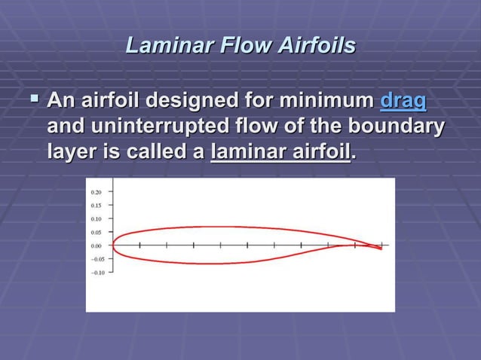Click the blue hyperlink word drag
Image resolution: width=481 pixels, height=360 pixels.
point(403,101)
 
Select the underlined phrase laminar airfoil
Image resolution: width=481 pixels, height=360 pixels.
point(280,152)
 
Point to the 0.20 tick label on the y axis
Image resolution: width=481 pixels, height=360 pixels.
point(97,192)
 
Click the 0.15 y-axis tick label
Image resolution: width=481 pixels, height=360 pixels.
point(97,205)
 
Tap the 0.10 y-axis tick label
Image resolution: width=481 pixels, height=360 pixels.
point(97,218)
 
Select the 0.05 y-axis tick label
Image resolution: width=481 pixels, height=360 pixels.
point(97,232)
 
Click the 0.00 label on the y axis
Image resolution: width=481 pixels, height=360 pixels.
point(97,246)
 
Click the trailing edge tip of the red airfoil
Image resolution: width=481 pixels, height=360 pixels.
point(381,249)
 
